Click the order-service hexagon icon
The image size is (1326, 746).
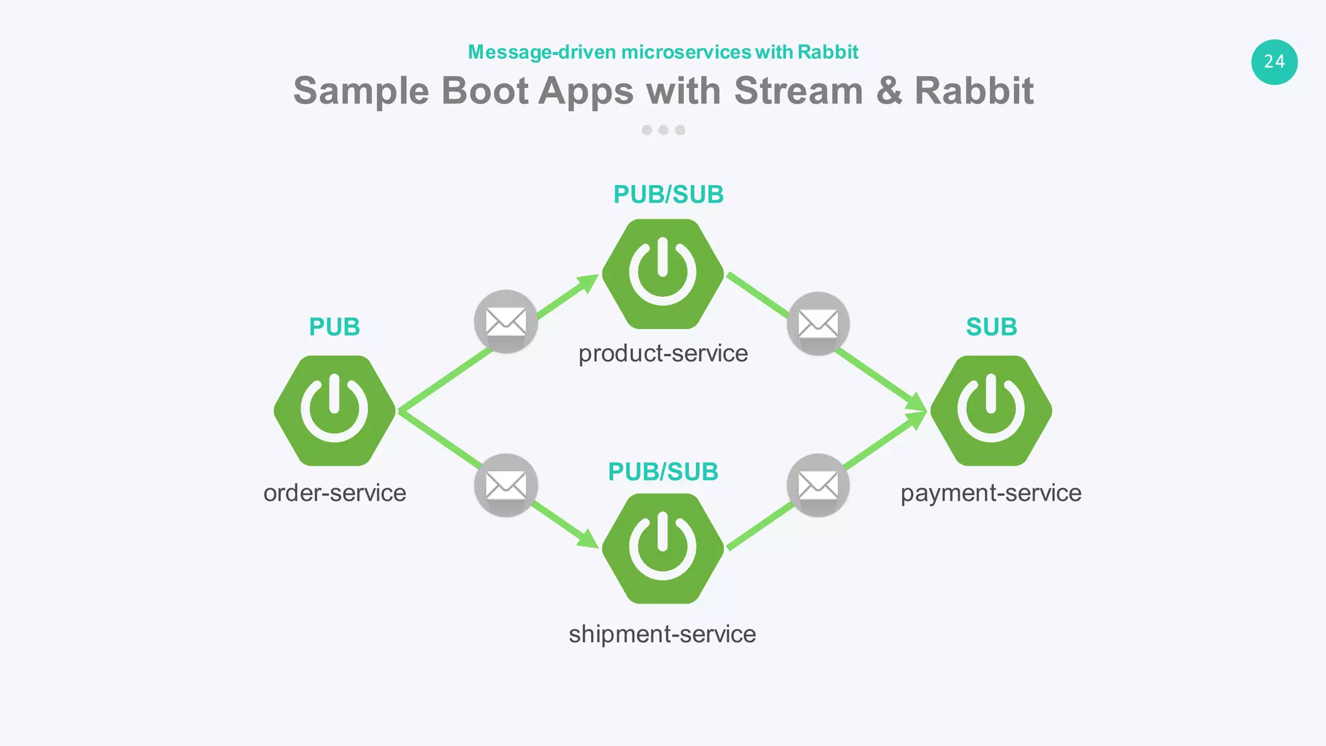pyautogui.click(x=335, y=411)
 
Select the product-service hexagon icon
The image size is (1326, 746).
pyautogui.click(x=663, y=274)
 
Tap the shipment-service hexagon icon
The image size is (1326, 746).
pyautogui.click(x=663, y=548)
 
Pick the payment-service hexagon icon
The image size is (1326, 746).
pyautogui.click(x=991, y=411)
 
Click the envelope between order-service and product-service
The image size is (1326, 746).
pyautogui.click(x=506, y=321)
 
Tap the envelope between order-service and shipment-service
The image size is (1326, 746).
pyautogui.click(x=506, y=485)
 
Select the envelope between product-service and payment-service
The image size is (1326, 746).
pyautogui.click(x=818, y=323)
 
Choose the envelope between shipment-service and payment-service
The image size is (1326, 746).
pyautogui.click(x=818, y=485)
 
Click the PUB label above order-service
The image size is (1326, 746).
pyautogui.click(x=334, y=327)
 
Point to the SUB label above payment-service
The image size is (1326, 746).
pyautogui.click(x=991, y=327)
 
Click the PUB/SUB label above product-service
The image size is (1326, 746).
pyautogui.click(x=668, y=194)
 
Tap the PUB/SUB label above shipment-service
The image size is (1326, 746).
pyautogui.click(x=663, y=471)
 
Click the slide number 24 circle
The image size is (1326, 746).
pyautogui.click(x=1274, y=62)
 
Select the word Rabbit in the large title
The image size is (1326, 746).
pyautogui.click(x=974, y=91)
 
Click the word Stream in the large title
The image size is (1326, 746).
pyautogui.click(x=798, y=91)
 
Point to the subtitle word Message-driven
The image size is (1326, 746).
pyautogui.click(x=542, y=52)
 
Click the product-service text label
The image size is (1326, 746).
pyautogui.click(x=663, y=354)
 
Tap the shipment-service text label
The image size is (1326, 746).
pyautogui.click(x=662, y=634)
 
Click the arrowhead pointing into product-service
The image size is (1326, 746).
pyautogui.click(x=588, y=283)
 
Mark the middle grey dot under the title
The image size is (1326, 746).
pyautogui.click(x=663, y=130)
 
